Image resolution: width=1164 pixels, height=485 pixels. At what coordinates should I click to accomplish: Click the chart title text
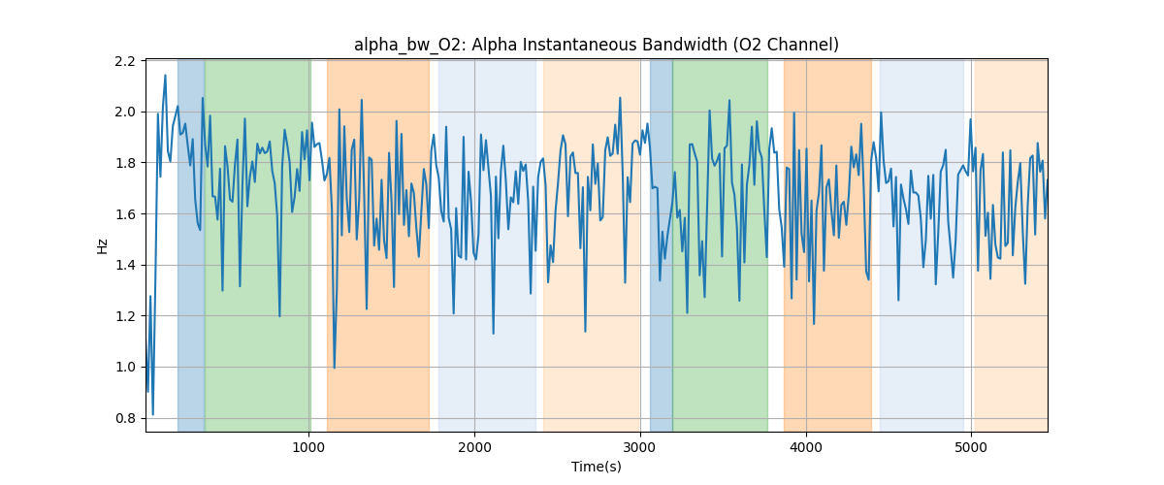click(x=596, y=45)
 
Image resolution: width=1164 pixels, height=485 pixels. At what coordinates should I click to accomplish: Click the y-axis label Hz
click(x=103, y=246)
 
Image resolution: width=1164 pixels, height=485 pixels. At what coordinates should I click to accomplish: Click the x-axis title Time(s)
click(x=596, y=467)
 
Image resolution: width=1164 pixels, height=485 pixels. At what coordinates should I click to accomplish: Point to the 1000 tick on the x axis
click(x=308, y=447)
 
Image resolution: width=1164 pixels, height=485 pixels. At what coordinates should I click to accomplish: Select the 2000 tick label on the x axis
click(x=474, y=447)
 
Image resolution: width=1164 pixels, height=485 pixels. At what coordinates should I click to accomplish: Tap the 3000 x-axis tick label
click(x=640, y=447)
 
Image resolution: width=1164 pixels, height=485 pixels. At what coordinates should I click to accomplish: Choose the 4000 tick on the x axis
click(x=806, y=447)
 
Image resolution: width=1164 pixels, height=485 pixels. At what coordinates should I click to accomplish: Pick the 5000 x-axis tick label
click(x=972, y=447)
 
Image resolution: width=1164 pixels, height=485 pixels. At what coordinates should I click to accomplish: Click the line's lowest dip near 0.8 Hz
click(x=152, y=414)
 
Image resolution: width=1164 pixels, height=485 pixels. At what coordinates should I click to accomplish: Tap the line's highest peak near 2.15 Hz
click(x=165, y=76)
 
